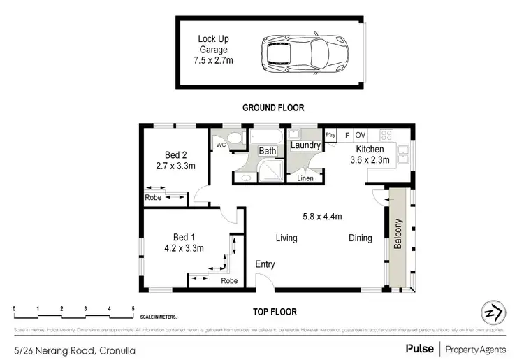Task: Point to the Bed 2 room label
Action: [175, 155]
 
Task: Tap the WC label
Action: [220, 145]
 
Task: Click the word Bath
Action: [268, 151]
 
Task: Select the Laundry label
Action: [305, 145]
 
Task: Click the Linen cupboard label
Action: [305, 179]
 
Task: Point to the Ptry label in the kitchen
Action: [330, 135]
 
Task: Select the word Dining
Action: [361, 238]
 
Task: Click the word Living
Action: [286, 238]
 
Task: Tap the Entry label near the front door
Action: [265, 264]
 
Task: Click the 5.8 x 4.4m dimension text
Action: [321, 216]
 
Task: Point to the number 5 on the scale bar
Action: [133, 308]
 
